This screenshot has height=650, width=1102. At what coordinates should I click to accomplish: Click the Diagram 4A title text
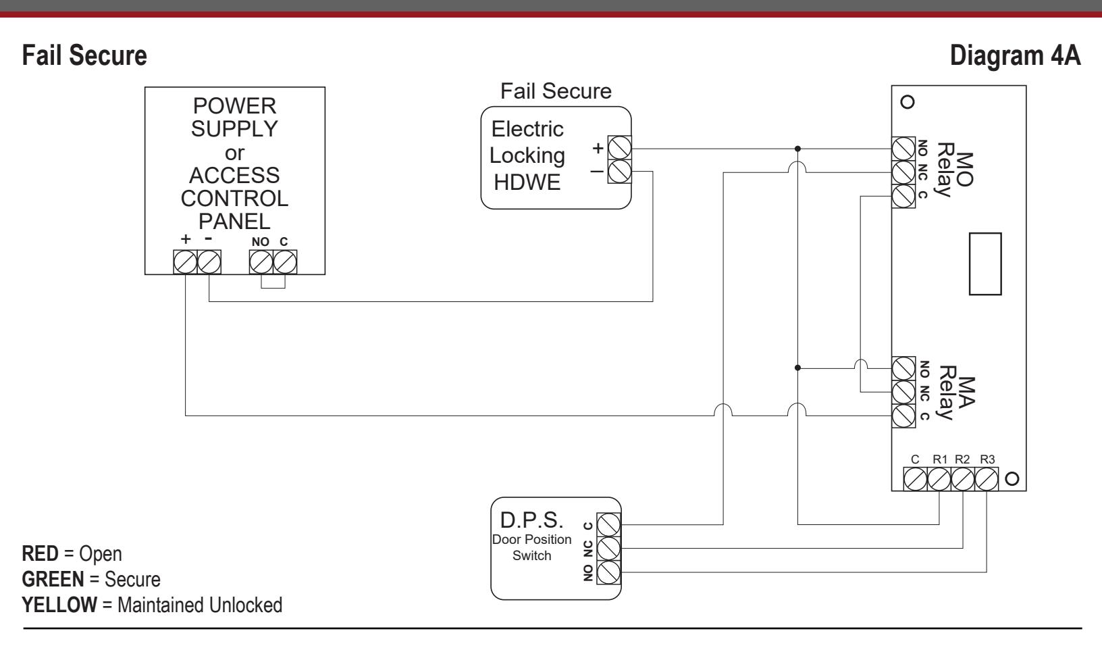(x=1015, y=55)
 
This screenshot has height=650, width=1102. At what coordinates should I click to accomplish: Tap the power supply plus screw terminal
(x=186, y=262)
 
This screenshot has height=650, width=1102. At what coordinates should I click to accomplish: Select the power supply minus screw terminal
(x=209, y=262)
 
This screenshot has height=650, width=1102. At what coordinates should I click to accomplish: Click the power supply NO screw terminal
(x=261, y=262)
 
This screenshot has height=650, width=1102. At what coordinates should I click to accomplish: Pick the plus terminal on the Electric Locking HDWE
(x=619, y=148)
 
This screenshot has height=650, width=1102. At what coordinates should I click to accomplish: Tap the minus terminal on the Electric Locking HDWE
(x=619, y=172)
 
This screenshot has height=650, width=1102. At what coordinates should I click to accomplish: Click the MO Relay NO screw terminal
(x=903, y=149)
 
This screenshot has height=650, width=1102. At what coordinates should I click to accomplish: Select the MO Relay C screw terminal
(x=903, y=196)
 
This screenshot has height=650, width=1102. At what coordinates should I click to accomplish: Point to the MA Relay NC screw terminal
(x=903, y=392)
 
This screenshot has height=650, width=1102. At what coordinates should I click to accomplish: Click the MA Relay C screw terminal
(x=903, y=416)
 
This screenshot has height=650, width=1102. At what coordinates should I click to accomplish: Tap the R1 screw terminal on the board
(x=939, y=479)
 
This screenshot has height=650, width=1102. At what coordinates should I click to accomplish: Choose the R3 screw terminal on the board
(x=987, y=479)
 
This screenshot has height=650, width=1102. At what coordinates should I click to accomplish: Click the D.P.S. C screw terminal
(x=608, y=525)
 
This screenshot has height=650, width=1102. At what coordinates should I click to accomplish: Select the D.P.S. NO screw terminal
(x=608, y=572)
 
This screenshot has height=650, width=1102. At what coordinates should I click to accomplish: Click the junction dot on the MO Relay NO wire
(x=797, y=149)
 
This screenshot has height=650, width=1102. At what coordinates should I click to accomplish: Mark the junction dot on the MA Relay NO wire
(x=797, y=368)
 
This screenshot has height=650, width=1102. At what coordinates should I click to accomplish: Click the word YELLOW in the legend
(x=59, y=605)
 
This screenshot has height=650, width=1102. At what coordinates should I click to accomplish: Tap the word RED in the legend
(x=41, y=554)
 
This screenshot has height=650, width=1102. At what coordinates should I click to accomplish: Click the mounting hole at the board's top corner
(x=907, y=102)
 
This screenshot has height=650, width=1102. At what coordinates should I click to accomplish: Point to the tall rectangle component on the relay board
(x=985, y=264)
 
